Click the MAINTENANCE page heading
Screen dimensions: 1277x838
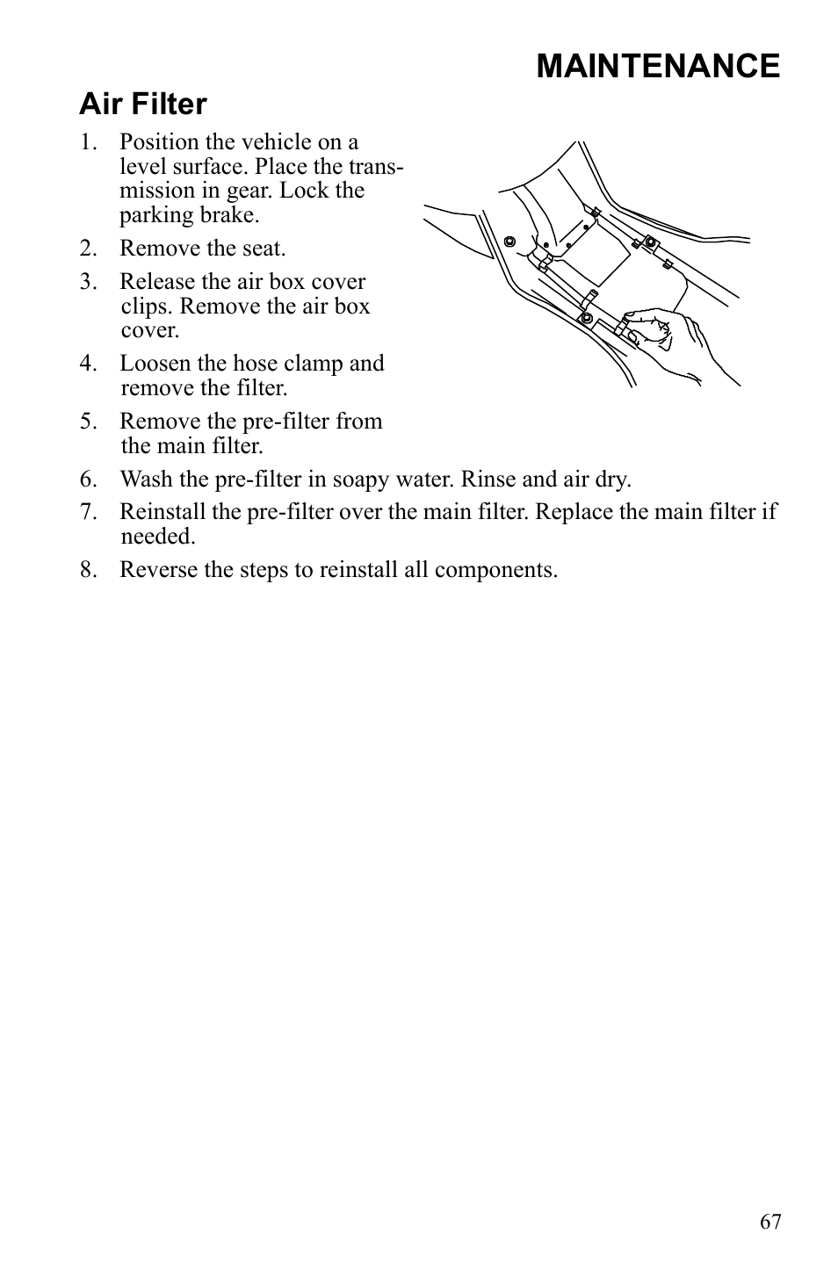657,67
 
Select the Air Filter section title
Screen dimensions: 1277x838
143,105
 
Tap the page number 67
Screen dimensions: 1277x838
770,1222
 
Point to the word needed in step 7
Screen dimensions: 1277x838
156,537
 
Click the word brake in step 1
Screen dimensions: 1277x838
232,215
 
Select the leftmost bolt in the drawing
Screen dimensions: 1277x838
509,242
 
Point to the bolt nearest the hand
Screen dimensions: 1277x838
587,317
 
